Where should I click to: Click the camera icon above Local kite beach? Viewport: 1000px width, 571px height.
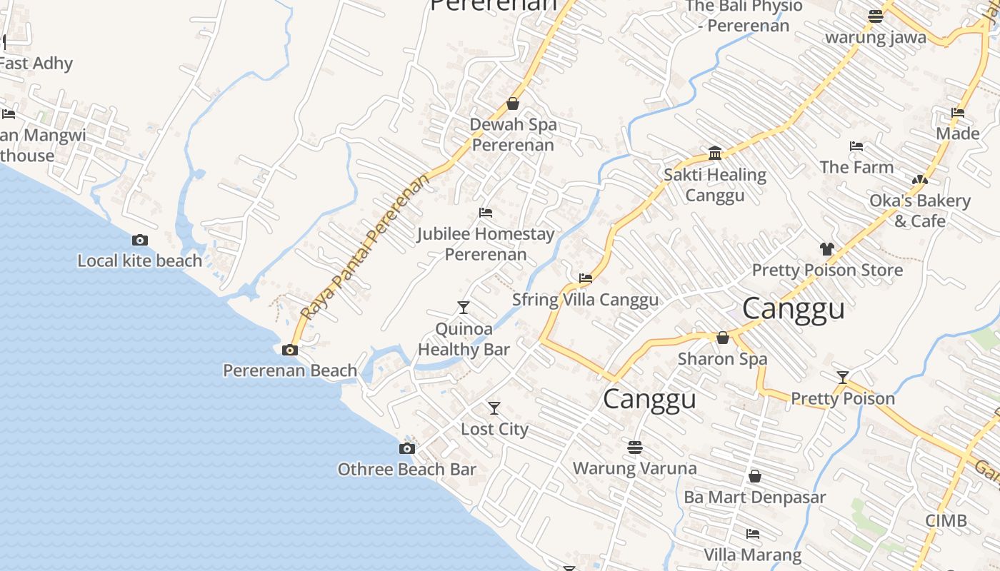tap(140, 241)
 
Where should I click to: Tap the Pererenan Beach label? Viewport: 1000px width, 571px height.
tap(290, 370)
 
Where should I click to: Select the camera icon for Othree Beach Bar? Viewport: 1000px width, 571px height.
tap(406, 448)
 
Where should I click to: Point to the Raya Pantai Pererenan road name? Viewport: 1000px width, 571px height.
tap(366, 246)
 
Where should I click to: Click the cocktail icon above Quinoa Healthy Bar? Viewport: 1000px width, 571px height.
tap(464, 308)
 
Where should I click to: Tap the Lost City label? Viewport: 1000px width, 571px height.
tap(494, 429)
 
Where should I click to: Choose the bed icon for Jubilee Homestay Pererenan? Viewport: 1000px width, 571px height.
tap(486, 213)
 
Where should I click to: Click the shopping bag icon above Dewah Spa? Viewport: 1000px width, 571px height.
tap(512, 104)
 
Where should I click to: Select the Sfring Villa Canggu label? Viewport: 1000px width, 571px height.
tap(585, 300)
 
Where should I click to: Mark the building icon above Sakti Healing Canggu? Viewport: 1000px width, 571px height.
tap(715, 153)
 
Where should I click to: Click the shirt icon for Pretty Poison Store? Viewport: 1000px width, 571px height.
tap(826, 249)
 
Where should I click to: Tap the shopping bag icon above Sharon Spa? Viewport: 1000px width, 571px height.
tap(722, 338)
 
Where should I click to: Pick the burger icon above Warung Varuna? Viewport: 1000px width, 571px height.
tap(634, 448)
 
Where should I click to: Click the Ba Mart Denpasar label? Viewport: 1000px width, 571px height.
tap(754, 497)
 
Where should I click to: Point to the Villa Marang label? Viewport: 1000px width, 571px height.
tap(752, 555)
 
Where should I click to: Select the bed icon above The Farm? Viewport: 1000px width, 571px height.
tap(856, 146)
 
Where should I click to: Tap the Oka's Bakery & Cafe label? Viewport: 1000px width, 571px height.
tap(919, 211)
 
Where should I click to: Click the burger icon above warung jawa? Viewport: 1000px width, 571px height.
tap(875, 16)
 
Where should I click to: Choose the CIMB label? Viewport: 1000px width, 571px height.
tap(946, 521)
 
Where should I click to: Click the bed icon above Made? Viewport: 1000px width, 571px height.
tap(958, 113)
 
